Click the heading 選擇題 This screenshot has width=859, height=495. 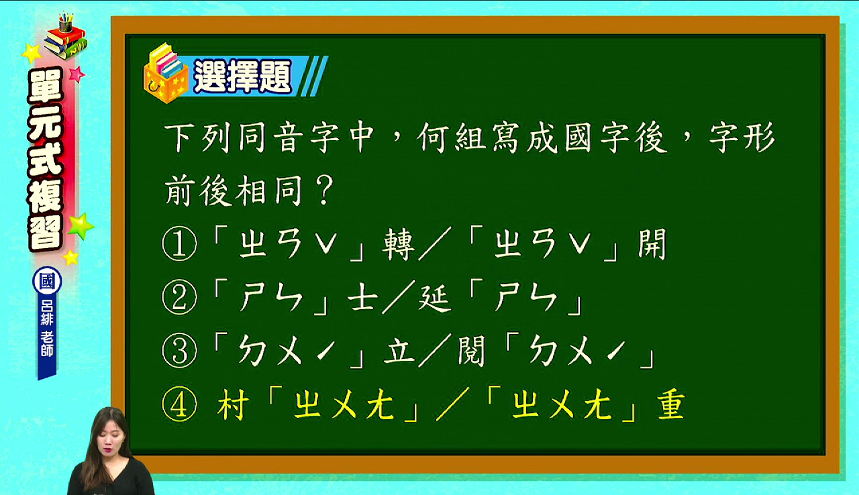point(242,76)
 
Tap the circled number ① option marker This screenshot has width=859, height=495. point(179,244)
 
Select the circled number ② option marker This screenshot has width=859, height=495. point(179,298)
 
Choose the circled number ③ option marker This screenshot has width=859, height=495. point(179,351)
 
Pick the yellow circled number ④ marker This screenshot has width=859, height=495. point(179,404)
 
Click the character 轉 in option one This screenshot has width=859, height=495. point(398,244)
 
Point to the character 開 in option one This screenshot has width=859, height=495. point(652,244)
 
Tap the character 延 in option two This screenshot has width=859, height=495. point(434,298)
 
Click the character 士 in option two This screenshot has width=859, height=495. point(362,298)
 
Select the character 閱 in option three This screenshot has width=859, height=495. point(472,351)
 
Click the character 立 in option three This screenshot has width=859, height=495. point(399,351)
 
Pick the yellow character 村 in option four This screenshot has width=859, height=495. point(232,404)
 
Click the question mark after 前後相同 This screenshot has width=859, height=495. point(323,190)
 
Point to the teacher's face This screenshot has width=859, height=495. point(109,436)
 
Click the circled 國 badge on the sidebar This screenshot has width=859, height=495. point(47,281)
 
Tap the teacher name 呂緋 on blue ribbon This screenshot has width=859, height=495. point(47,312)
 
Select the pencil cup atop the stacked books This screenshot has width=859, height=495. point(66,23)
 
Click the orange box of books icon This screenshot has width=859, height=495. point(166,74)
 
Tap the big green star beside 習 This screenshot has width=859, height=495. point(81,226)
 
